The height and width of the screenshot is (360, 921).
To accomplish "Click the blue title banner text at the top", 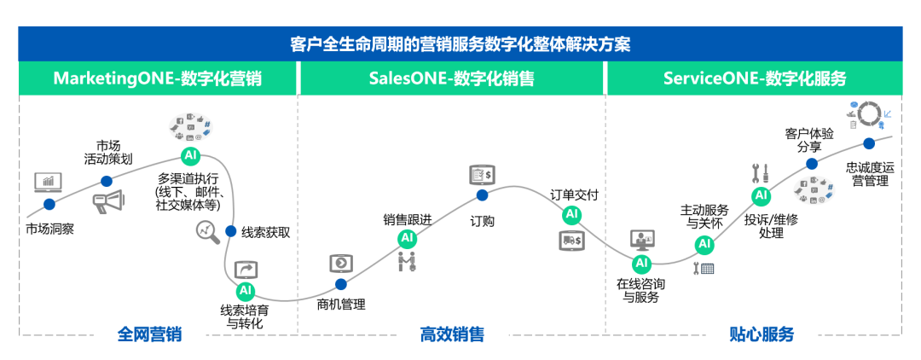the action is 460,44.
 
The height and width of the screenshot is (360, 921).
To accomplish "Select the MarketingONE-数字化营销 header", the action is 157,78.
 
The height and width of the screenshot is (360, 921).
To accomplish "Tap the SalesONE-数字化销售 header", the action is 451,78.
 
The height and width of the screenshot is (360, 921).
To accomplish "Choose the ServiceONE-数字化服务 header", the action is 754,78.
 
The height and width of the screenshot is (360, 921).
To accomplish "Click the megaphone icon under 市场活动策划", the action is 109,201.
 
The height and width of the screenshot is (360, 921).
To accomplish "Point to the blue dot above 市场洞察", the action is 49,204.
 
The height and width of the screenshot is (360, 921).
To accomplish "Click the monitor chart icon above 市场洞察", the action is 48,182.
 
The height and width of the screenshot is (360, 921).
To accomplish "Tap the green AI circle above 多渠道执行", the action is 191,156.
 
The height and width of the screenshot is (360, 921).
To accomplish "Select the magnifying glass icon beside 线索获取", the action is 206,231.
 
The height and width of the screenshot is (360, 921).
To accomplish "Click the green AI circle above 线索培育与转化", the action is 246,290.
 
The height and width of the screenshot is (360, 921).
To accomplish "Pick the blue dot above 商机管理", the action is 341,284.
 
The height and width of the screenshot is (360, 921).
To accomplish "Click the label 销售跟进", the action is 407,219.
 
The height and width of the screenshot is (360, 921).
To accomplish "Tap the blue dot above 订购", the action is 482,195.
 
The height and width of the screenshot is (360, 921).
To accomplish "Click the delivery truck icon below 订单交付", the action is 571,241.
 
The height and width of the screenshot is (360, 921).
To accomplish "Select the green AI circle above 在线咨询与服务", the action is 642,262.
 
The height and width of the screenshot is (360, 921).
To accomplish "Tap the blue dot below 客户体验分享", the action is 812,163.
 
